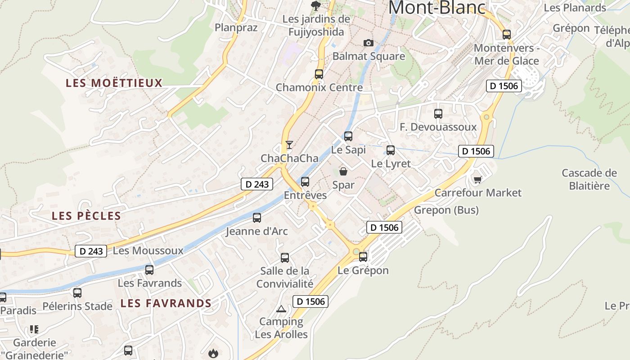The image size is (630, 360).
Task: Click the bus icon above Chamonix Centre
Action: point(319,74)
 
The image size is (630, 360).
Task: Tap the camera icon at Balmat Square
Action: point(369,43)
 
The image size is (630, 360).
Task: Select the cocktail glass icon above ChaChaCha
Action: point(289,145)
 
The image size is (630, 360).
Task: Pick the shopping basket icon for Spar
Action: point(343,171)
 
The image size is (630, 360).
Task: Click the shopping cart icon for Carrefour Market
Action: point(477,180)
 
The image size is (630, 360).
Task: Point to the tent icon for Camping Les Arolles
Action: point(281,309)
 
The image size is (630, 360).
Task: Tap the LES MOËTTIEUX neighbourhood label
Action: point(114,83)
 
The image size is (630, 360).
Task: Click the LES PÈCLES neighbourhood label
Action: point(86,216)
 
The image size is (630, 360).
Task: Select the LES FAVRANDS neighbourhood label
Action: point(166,303)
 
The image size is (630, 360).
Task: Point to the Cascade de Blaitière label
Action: point(589,179)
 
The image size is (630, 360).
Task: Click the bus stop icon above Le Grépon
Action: point(363,257)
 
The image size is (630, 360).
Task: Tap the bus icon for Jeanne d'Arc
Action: point(257,218)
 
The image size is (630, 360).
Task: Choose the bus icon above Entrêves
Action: point(305,182)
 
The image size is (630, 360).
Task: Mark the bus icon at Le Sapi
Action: point(348,136)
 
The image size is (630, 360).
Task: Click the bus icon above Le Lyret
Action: point(391,150)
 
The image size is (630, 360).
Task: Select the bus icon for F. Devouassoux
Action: point(438,114)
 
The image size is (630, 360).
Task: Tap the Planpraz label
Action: point(236,28)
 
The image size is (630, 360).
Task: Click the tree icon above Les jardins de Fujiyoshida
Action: point(316,6)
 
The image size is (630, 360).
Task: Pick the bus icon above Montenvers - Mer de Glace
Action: point(507,35)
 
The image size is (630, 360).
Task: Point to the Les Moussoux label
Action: point(148,251)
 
